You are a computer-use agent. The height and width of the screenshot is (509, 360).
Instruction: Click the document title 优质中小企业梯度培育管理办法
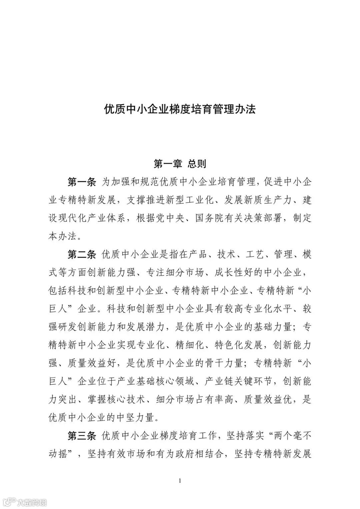[180, 110]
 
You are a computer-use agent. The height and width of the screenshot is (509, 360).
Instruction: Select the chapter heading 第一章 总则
[180, 164]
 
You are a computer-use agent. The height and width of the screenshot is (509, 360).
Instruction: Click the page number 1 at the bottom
[180, 481]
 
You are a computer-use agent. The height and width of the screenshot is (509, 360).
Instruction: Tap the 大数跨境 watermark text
[32, 502]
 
